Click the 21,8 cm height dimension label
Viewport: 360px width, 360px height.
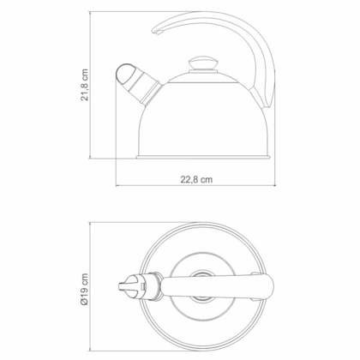[x=84, y=85]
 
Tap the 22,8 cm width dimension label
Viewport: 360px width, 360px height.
[x=196, y=179]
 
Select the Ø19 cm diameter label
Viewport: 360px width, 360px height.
[x=84, y=290]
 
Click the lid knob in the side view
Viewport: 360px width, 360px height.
[x=203, y=63]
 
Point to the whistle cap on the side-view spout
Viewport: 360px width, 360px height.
[x=123, y=73]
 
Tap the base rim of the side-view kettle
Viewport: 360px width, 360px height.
[x=203, y=157]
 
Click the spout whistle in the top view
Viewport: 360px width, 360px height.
[x=132, y=286]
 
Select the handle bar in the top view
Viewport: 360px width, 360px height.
[x=217, y=286]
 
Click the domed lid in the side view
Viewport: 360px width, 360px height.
[x=203, y=78]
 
